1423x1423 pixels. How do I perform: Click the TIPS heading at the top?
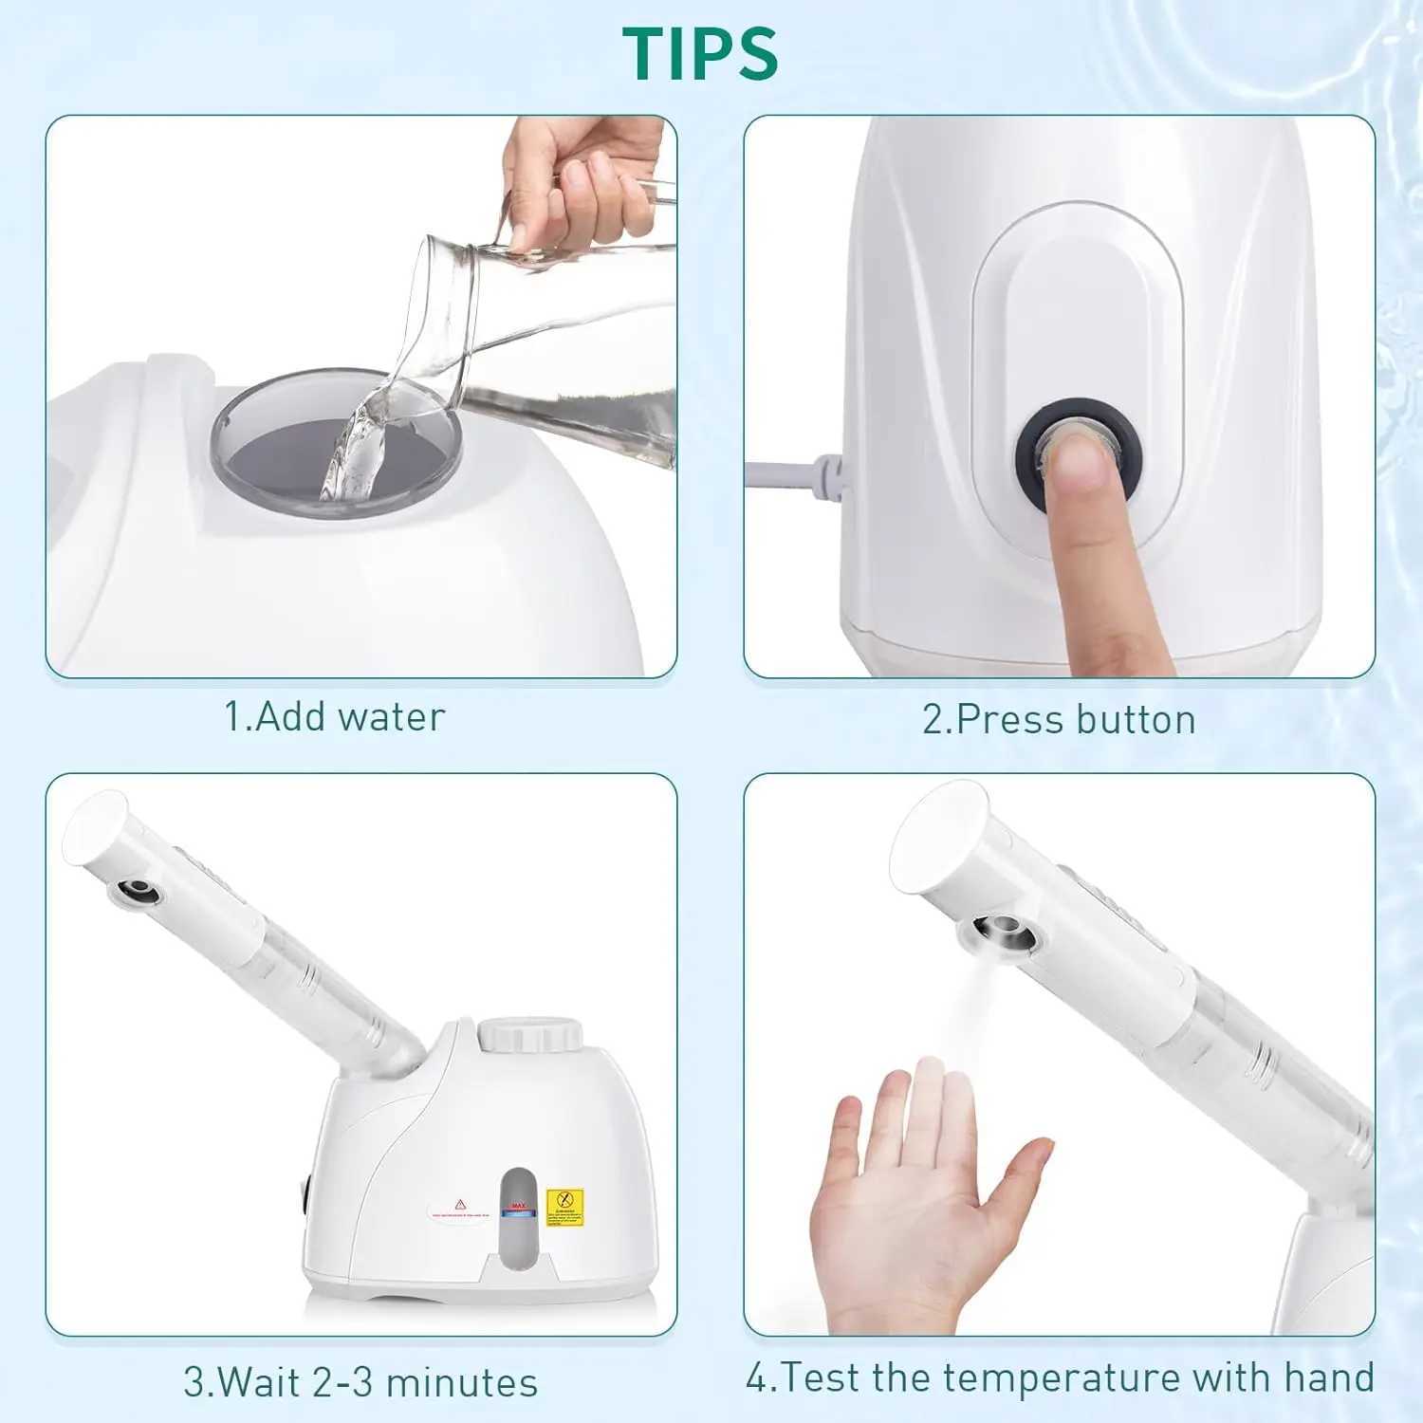point(700,53)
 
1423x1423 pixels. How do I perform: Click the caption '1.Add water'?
point(334,717)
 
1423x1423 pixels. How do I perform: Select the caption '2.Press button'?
point(1059,720)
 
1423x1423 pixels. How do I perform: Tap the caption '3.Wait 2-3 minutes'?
point(360,1382)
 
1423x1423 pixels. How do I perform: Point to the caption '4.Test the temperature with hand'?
point(1059,1377)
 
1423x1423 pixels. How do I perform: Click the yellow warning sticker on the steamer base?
point(565,1207)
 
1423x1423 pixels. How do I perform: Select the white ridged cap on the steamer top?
point(529,1034)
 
